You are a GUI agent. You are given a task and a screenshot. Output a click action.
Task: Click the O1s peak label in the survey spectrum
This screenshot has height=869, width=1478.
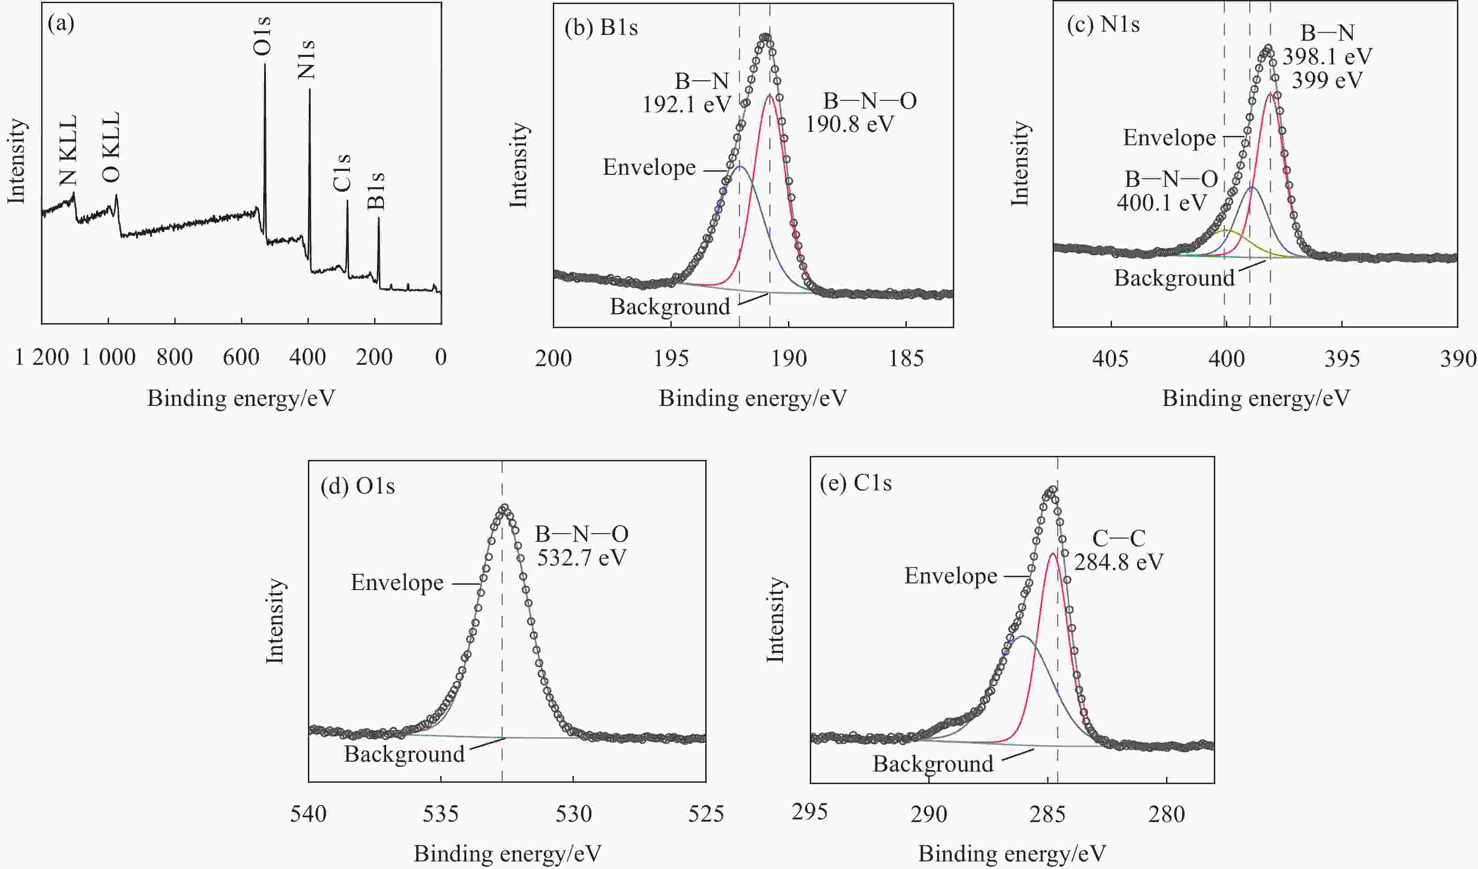262,36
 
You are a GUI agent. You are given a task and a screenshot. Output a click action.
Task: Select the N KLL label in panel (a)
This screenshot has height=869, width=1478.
68,150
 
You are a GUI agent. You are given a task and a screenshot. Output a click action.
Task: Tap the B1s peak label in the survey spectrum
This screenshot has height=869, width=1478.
376,191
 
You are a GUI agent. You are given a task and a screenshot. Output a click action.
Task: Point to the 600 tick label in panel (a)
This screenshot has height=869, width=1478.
241,357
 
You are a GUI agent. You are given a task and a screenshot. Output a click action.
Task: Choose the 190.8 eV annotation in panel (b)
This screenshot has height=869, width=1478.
850,124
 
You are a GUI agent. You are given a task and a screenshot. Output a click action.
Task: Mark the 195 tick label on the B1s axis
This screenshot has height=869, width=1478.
671,359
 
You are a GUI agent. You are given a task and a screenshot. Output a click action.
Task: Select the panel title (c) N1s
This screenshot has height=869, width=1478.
1103,25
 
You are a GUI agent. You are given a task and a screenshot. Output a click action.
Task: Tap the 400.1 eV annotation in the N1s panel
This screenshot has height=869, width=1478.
1161,203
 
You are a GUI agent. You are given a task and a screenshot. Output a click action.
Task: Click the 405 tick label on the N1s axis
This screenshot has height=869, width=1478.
1110,359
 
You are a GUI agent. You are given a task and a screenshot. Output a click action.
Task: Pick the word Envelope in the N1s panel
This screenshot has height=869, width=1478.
1169,138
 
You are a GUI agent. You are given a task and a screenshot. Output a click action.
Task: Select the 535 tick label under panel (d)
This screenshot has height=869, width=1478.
441,814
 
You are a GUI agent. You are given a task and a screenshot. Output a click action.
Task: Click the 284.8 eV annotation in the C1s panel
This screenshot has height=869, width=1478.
1119,562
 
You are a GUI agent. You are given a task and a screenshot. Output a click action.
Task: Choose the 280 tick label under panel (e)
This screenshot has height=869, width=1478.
1166,814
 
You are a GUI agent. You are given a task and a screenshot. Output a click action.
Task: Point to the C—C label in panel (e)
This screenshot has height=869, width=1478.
1119,538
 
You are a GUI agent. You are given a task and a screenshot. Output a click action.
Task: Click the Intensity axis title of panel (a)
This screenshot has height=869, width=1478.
17,161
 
